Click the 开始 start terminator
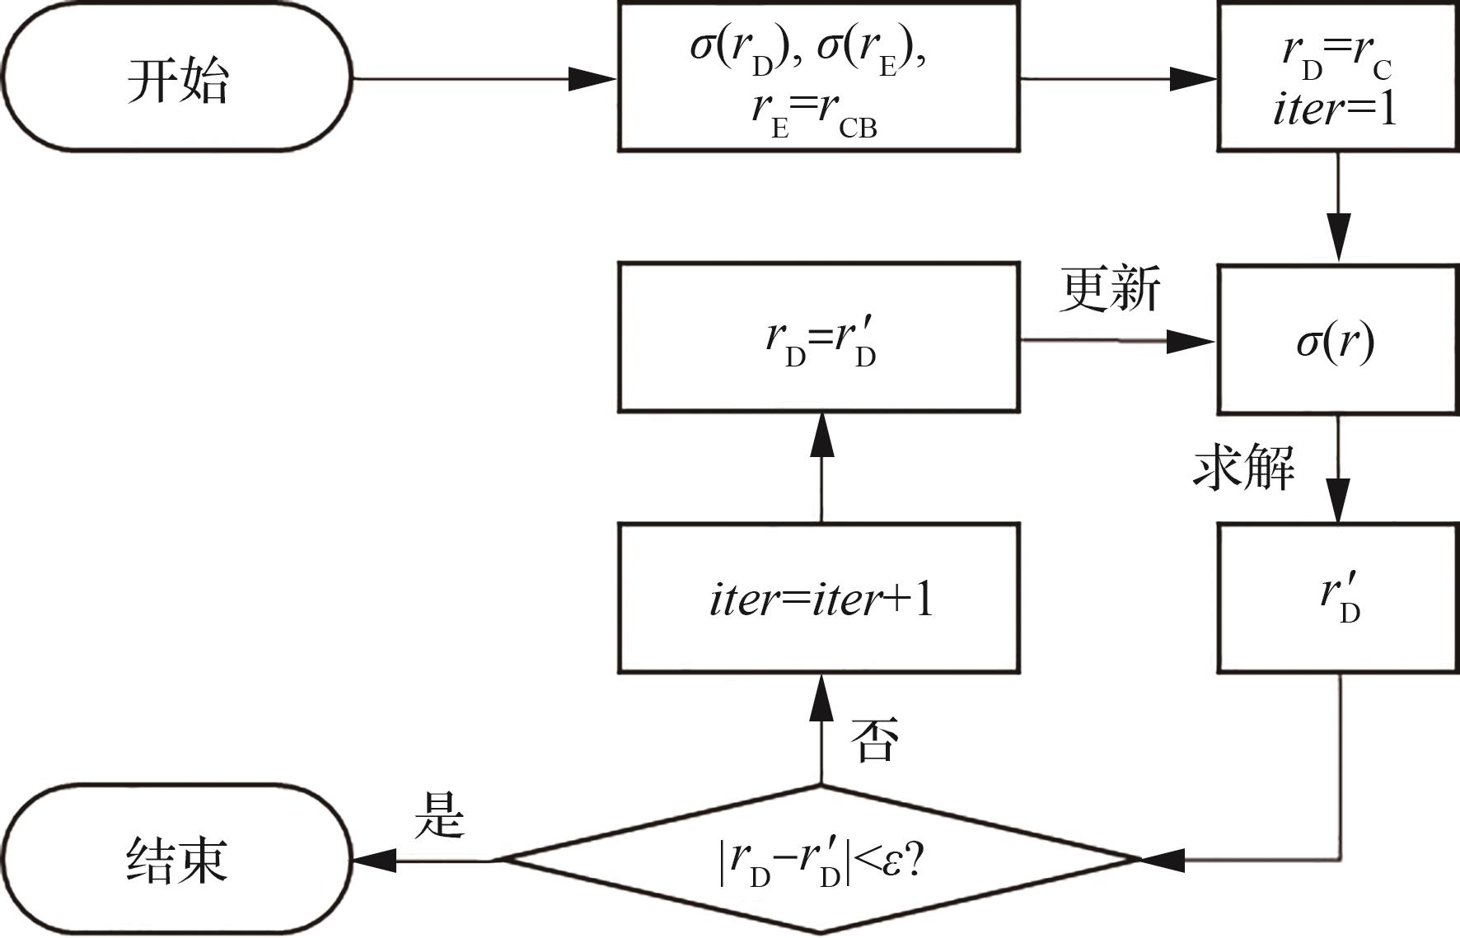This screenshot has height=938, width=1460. [177, 79]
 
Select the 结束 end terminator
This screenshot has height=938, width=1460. [177, 861]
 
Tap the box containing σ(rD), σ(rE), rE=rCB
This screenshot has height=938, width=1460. [819, 77]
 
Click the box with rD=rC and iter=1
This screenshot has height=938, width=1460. [1337, 77]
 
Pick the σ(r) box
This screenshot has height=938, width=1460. [1337, 339]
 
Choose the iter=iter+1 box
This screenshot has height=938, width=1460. [819, 599]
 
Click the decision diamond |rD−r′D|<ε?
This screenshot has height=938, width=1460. [819, 861]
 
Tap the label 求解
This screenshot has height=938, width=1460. [1243, 468]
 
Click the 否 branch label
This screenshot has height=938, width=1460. [874, 739]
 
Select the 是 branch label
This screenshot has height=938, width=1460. [439, 815]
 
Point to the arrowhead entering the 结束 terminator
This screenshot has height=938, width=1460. [374, 861]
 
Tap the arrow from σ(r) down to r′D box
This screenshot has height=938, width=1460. [1338, 469]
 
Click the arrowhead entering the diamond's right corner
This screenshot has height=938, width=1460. [1162, 861]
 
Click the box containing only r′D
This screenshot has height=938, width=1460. [1337, 599]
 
